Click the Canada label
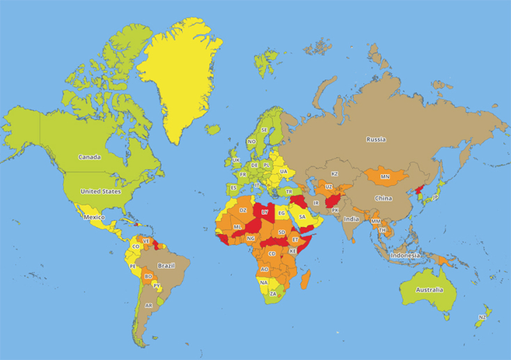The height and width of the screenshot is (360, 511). click(x=89, y=157)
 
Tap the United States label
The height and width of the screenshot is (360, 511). click(x=100, y=191)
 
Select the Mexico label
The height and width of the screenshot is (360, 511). click(x=95, y=217)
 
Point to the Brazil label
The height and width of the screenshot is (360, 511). click(x=166, y=266)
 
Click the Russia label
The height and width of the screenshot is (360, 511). click(x=375, y=139)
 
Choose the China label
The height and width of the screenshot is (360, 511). click(x=383, y=198)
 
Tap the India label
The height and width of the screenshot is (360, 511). click(x=351, y=219)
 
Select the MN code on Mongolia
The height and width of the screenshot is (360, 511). click(x=385, y=177)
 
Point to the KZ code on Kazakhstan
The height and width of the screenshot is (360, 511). click(x=334, y=173)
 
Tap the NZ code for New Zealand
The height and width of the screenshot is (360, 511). click(x=482, y=318)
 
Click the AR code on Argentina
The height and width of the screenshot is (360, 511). click(x=148, y=306)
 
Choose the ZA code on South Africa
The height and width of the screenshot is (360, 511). click(x=273, y=294)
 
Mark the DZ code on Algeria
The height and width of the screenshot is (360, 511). click(x=243, y=210)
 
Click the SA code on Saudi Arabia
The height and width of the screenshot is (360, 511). click(x=302, y=217)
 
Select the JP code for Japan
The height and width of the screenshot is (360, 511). click(x=435, y=198)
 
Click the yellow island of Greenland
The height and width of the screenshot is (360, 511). click(x=180, y=77)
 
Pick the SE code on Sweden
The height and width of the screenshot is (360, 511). click(x=264, y=130)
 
